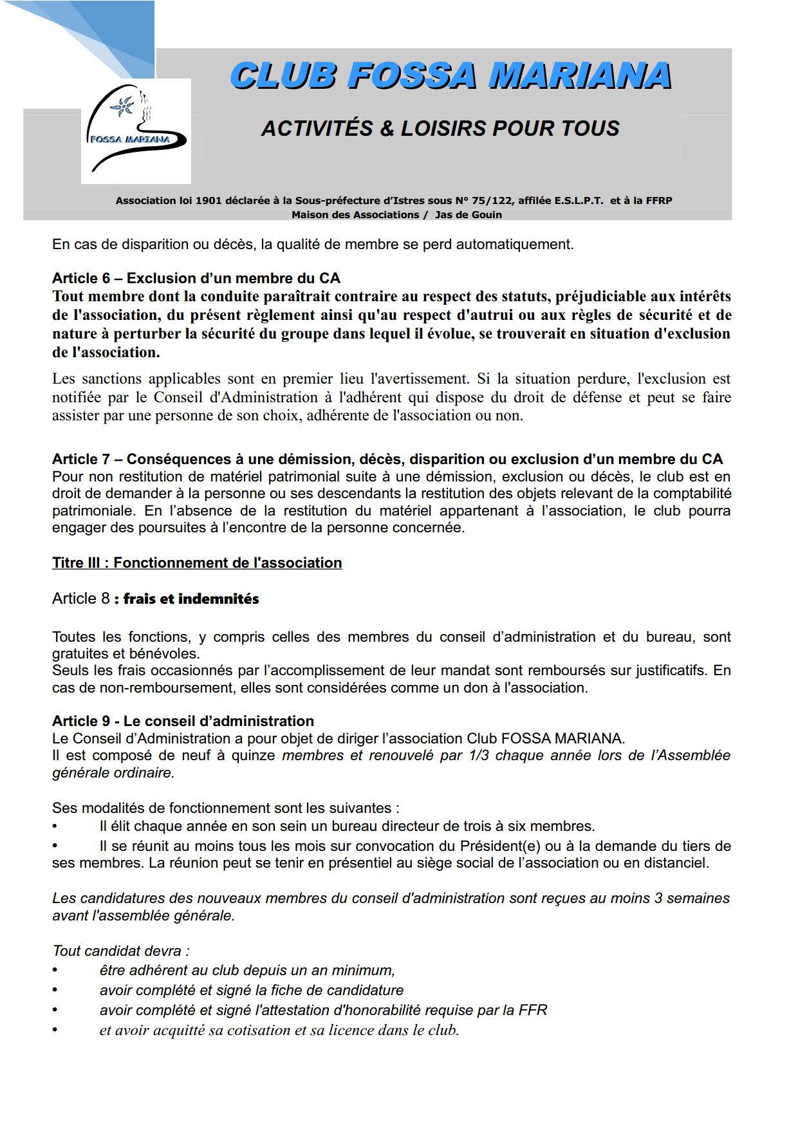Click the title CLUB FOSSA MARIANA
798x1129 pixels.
(450, 76)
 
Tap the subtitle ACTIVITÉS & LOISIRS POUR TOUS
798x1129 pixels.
(440, 128)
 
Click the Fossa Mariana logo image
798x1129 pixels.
(136, 131)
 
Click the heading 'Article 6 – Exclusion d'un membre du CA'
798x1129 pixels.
(196, 279)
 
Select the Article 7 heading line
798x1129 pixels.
(387, 460)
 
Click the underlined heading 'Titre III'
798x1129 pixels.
(196, 563)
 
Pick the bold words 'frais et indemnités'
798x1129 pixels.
(190, 599)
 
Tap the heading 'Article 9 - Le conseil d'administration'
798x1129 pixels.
(183, 722)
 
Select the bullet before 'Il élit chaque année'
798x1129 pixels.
(55, 826)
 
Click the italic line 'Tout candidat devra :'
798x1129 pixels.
(121, 951)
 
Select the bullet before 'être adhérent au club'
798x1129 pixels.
(55, 971)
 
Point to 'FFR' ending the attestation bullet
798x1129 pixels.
(532, 1011)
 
